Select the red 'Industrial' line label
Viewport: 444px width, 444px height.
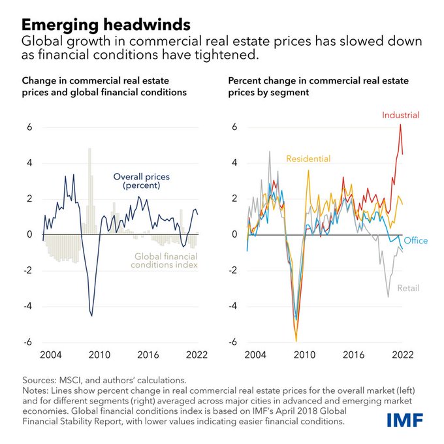click(x=401, y=116)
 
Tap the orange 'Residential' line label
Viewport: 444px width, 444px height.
click(x=308, y=159)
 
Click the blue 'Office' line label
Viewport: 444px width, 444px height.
click(x=415, y=241)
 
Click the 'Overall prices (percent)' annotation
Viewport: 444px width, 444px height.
click(x=138, y=182)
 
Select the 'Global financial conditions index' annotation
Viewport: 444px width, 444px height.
click(x=166, y=261)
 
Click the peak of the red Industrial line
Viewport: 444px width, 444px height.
click(x=400, y=125)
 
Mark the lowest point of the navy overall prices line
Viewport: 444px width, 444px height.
click(x=91, y=316)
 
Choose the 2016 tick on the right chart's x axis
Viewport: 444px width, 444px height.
click(x=353, y=355)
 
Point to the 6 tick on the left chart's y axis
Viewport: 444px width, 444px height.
click(x=29, y=127)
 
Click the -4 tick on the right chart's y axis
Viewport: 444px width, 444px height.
click(x=236, y=306)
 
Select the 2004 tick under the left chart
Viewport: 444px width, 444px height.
click(x=50, y=355)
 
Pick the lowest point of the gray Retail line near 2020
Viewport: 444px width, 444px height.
click(x=388, y=297)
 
